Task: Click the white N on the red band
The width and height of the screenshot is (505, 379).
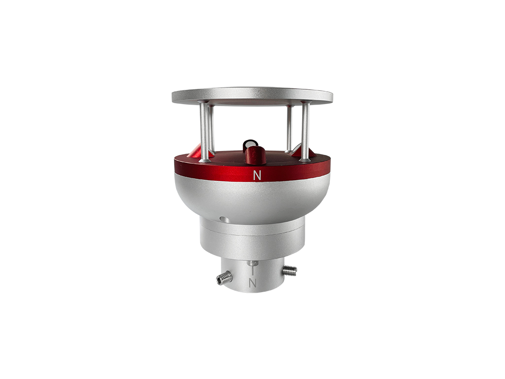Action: tap(256, 176)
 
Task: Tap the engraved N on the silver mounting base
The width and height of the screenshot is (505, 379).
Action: tap(253, 283)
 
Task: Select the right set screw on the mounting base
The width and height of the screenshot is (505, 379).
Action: tap(289, 270)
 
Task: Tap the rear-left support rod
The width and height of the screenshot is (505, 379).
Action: tap(211, 128)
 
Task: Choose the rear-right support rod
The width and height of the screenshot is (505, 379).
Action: tap(289, 128)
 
